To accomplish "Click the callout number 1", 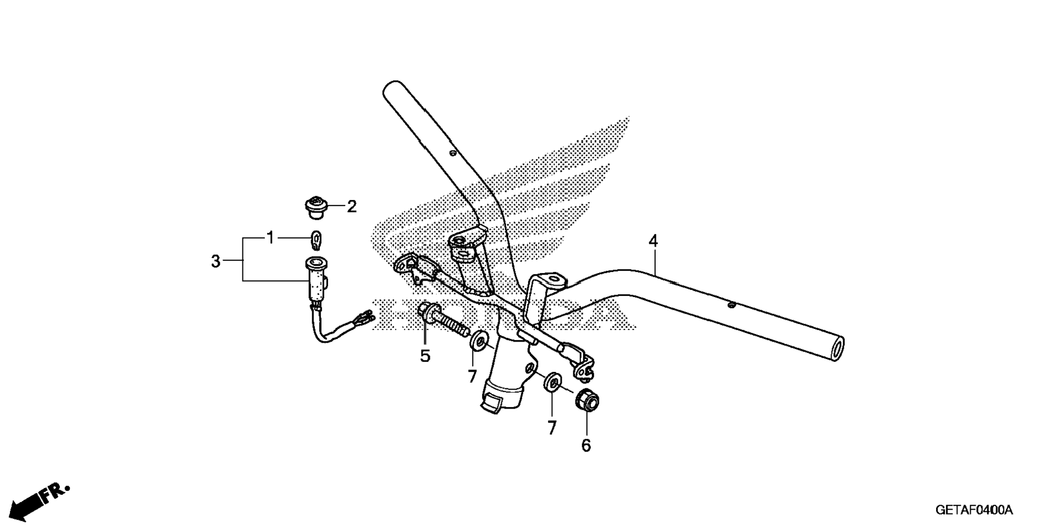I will coord(270,238).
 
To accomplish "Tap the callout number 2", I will coord(351,207).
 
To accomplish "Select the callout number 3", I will coord(216,261).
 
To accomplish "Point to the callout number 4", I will coord(653,241).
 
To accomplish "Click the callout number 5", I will coord(425,356).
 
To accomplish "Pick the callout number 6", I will coord(586,445).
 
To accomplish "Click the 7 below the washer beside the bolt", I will coord(472,376).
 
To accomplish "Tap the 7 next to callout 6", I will coord(552,428).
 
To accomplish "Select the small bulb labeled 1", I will coord(317,238).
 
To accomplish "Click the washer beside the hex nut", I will coord(552,383).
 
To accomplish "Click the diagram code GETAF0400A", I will coord(974,510).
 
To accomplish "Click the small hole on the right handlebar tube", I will coord(730,304).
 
